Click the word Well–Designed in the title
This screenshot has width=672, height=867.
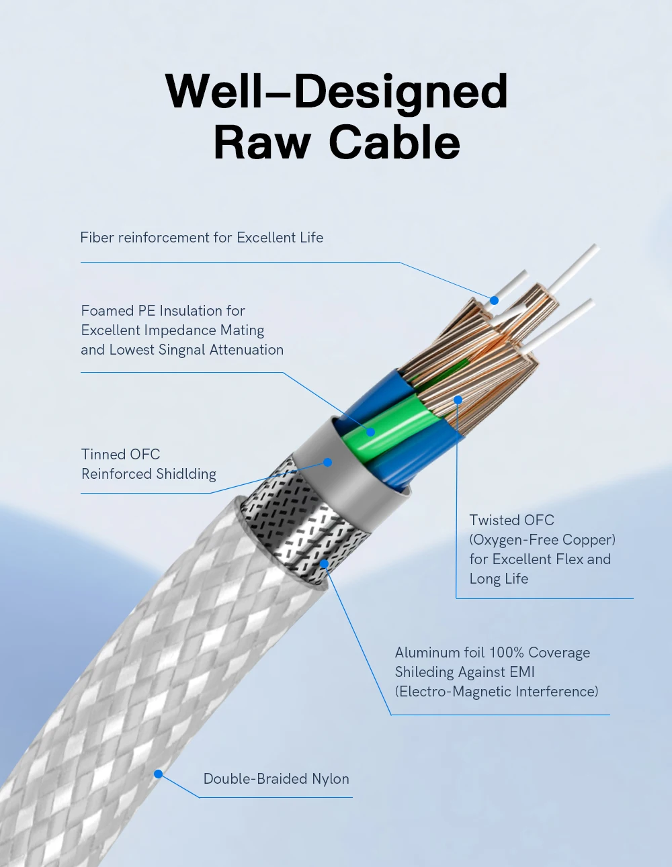(x=336, y=91)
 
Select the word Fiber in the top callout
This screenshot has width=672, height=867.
(x=97, y=238)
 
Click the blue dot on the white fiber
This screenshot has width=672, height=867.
(x=494, y=300)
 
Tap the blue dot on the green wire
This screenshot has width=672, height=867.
(x=370, y=432)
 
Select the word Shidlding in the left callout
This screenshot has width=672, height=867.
(x=186, y=474)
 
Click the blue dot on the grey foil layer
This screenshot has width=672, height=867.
(x=328, y=462)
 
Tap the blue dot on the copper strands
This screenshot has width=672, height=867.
(x=458, y=400)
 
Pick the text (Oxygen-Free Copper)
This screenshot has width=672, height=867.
(x=542, y=540)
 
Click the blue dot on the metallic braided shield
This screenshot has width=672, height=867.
(x=325, y=564)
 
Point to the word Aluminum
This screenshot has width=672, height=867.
(x=427, y=653)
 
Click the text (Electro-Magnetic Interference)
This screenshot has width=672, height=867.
(x=496, y=692)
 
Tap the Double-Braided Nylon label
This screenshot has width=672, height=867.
(x=276, y=779)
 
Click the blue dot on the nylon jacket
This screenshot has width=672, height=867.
(x=159, y=774)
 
